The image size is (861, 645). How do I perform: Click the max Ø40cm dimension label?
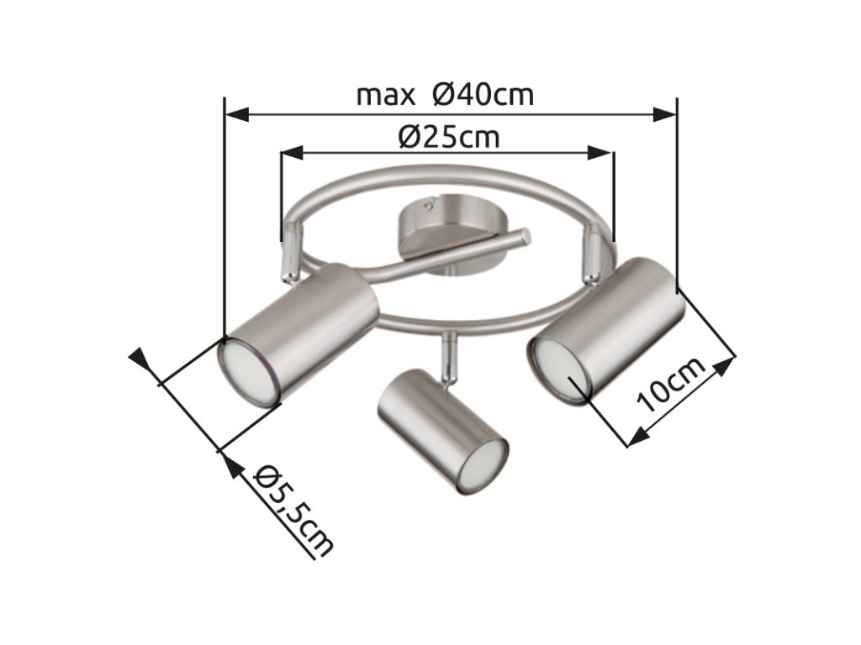[445, 95]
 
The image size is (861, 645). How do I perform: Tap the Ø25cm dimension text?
[449, 137]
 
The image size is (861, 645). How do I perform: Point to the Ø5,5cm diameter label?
[293, 511]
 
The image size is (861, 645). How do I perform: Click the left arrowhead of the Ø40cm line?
[237, 114]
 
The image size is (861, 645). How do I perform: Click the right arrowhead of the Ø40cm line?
[664, 114]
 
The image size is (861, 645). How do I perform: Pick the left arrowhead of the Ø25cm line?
[293, 153]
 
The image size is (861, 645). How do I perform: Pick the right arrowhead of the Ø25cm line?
[600, 153]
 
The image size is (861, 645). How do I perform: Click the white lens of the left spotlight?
[248, 373]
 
